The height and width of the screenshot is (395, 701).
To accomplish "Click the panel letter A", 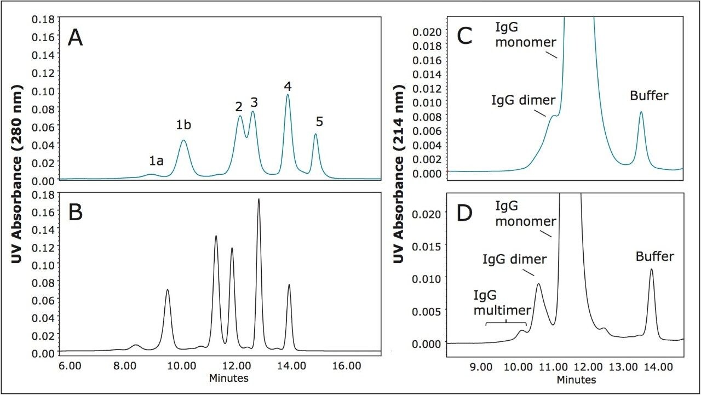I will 75,38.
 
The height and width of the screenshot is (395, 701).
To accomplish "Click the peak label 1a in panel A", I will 156,161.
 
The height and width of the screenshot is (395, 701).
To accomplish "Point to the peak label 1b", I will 183,125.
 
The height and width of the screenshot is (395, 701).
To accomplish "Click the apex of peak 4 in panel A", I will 288,95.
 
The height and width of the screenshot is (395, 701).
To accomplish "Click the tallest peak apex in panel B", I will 258,199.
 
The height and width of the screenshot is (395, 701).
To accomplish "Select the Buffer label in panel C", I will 649,96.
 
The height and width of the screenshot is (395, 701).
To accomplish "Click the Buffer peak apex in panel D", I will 652,269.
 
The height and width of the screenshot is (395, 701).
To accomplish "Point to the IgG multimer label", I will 502,302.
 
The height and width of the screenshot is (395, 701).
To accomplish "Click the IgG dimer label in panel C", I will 523,100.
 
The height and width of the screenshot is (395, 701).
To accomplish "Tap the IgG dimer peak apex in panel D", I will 539,284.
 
